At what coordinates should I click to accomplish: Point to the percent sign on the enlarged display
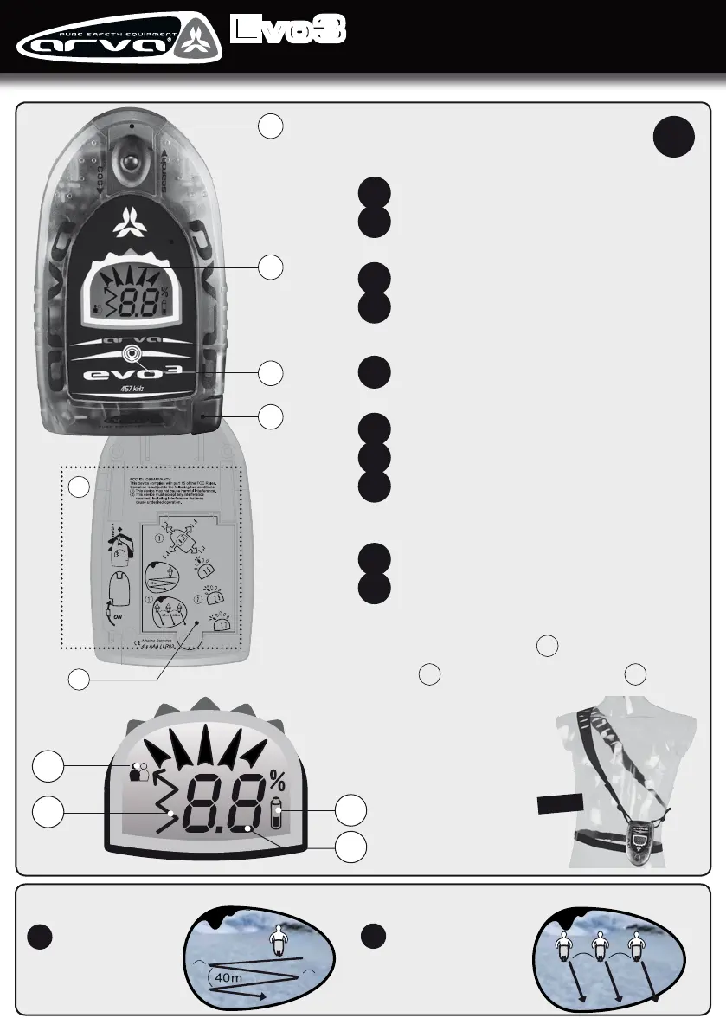pos(277,781)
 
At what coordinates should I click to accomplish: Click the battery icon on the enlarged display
pos(277,815)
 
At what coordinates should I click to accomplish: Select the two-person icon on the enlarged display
pos(138,773)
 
